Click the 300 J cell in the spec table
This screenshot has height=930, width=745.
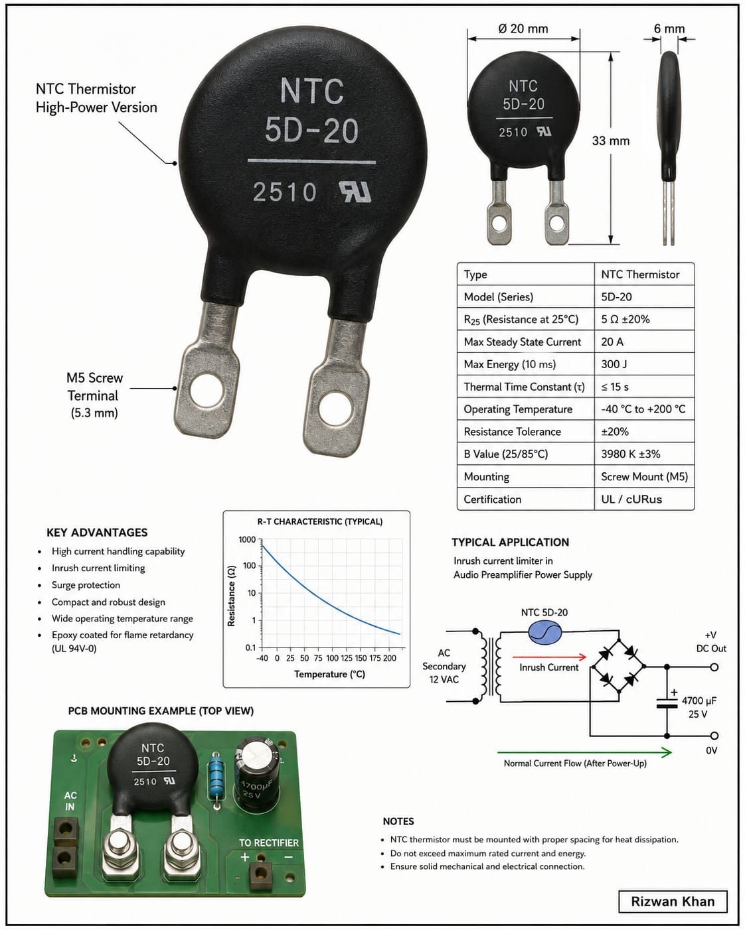[644, 364]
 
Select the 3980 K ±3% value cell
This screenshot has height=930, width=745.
[644, 454]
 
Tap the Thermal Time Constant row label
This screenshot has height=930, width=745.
[524, 387]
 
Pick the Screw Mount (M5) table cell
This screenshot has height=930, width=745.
[644, 476]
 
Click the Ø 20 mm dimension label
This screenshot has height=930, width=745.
[523, 29]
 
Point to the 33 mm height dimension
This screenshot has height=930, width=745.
[610, 141]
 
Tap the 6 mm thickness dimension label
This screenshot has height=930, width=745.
[669, 29]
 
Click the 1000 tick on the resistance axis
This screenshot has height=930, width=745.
[247, 539]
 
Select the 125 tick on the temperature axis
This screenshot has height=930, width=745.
[347, 658]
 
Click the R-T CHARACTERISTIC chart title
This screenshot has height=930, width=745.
[320, 521]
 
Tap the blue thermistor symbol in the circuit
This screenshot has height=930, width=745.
[544, 633]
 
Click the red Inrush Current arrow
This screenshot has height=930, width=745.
[549, 657]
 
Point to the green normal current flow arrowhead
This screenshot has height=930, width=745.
[667, 752]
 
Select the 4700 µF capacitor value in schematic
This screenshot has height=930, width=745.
[699, 701]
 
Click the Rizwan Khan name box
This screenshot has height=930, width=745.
[673, 901]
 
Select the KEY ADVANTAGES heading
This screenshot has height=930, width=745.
[97, 533]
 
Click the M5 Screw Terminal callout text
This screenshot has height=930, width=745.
[94, 395]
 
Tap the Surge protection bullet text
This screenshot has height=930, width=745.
[86, 584]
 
